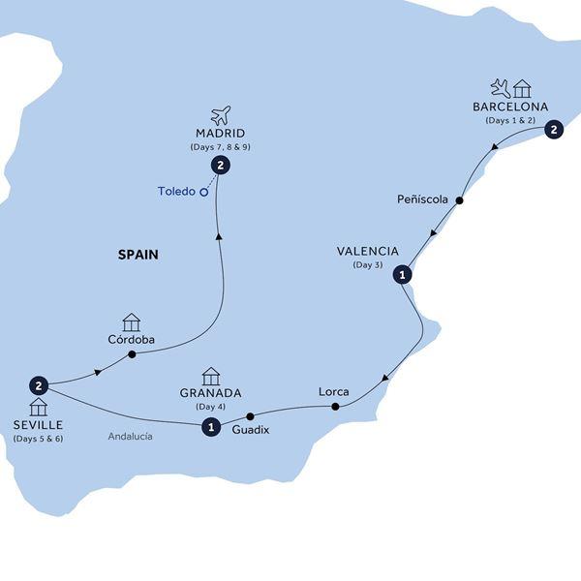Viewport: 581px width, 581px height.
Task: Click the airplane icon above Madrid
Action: point(221,115)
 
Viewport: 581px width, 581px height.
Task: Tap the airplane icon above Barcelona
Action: point(500,88)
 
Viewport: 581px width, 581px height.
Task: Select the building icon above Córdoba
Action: point(131,322)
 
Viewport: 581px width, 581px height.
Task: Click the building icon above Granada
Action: point(210,376)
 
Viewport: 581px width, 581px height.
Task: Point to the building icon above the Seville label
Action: point(38,407)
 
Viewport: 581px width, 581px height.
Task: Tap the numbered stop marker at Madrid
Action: point(222,166)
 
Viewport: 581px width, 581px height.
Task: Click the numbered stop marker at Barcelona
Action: point(553,129)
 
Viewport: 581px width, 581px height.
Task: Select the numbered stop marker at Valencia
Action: point(402,275)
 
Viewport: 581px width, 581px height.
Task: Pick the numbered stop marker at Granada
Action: point(210,426)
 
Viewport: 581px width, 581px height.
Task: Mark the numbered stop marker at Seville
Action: point(39,384)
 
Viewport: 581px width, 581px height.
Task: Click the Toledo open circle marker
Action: point(204,192)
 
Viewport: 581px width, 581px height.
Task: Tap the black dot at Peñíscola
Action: point(460,201)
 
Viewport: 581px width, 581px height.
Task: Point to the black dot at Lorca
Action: point(336,407)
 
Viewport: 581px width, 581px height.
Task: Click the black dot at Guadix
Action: point(250,416)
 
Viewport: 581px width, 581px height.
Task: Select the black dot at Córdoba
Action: point(131,354)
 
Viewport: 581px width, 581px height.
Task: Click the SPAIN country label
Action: point(138,256)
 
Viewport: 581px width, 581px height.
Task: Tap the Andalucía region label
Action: point(130,437)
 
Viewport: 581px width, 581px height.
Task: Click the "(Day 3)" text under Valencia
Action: point(367,265)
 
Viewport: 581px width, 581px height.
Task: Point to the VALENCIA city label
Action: point(367,252)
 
